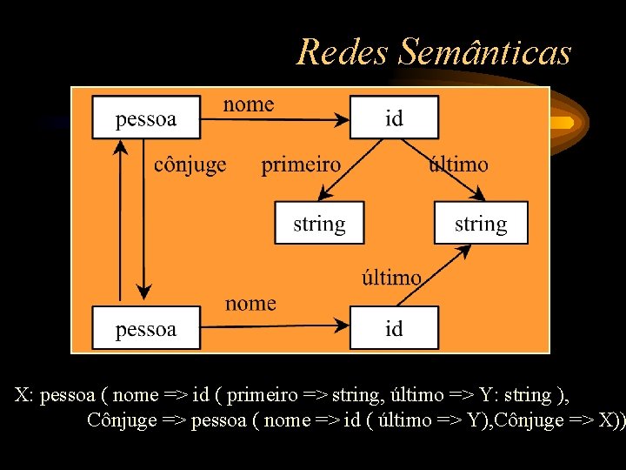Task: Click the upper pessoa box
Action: click(145, 117)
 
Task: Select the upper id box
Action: click(394, 117)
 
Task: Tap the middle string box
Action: click(319, 224)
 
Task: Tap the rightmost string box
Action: click(481, 224)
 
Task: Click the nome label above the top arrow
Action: click(249, 104)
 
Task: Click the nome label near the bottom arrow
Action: click(250, 304)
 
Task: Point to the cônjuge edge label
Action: click(190, 164)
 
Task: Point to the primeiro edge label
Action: click(301, 164)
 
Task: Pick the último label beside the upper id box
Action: click(458, 164)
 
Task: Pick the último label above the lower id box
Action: click(391, 278)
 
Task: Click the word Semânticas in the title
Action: click(485, 52)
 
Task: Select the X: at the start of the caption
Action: click(24, 395)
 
